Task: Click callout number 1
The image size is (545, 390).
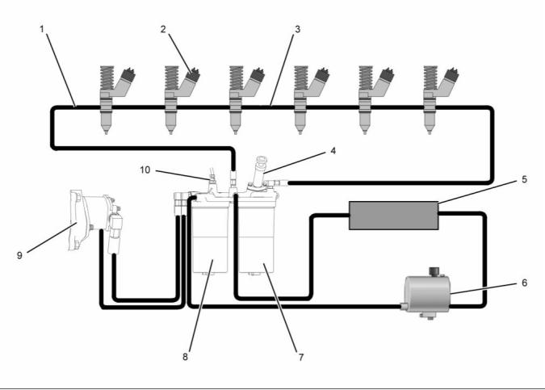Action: (42, 30)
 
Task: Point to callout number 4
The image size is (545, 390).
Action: (332, 150)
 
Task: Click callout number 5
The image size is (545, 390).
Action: (523, 178)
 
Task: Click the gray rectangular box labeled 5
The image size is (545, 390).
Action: (392, 215)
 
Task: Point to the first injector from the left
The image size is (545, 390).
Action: (106, 97)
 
